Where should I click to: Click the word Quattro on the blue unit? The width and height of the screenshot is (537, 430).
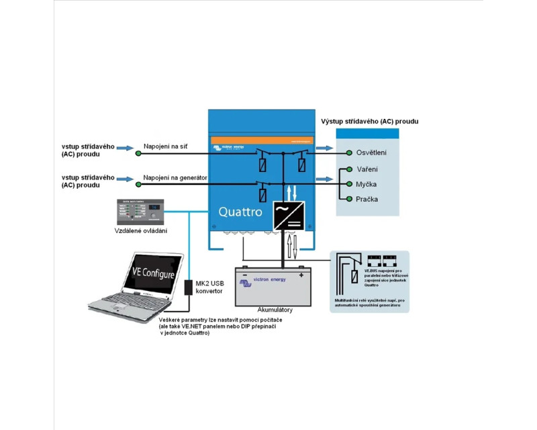(x=240, y=212)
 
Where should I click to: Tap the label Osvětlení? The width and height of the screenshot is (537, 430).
(x=371, y=153)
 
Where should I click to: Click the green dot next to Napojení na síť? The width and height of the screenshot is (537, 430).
(x=138, y=153)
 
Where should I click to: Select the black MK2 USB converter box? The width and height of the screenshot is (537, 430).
(x=189, y=287)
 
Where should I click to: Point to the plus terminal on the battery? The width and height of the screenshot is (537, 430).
(x=301, y=274)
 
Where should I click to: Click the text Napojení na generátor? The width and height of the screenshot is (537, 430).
(x=175, y=177)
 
